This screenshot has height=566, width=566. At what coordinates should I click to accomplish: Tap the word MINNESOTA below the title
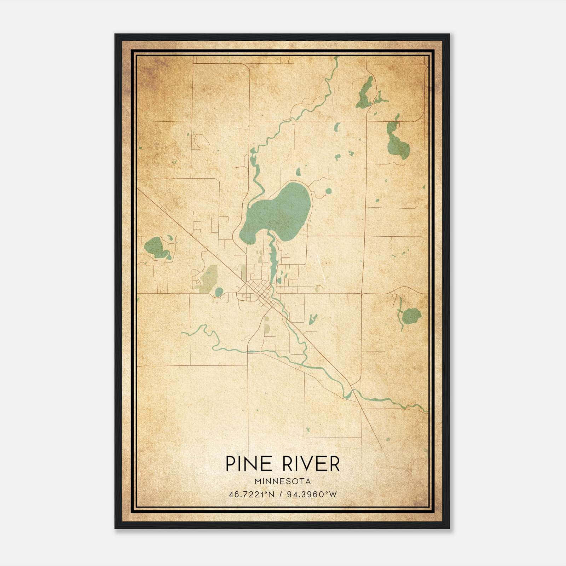coord(283,481)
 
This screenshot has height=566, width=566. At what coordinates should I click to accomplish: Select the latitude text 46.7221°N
coord(251,495)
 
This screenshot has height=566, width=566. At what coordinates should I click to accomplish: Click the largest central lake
coord(279,212)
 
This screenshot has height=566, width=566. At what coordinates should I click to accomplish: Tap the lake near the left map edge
coord(155,247)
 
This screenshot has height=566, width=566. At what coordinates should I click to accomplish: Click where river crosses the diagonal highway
coord(350,392)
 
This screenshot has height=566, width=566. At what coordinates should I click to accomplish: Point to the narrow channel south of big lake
coord(272,258)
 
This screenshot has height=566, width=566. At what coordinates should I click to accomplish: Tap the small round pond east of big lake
coord(328,191)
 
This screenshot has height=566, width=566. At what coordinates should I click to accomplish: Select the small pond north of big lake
coord(298,172)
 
